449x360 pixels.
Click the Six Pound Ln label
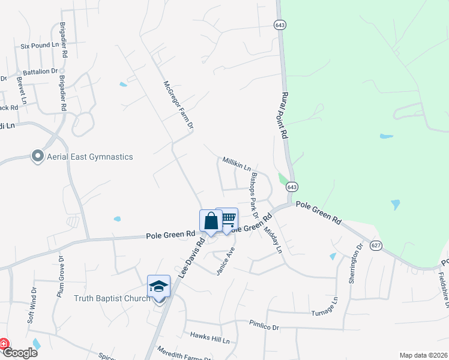(40, 45)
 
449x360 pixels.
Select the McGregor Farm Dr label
(178, 106)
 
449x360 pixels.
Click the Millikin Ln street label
(237, 164)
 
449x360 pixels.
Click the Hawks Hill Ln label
(209, 340)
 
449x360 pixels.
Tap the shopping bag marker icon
(211, 221)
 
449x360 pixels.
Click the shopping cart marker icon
(227, 219)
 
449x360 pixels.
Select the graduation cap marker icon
(159, 286)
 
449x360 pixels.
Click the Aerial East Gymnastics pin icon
(37, 157)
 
